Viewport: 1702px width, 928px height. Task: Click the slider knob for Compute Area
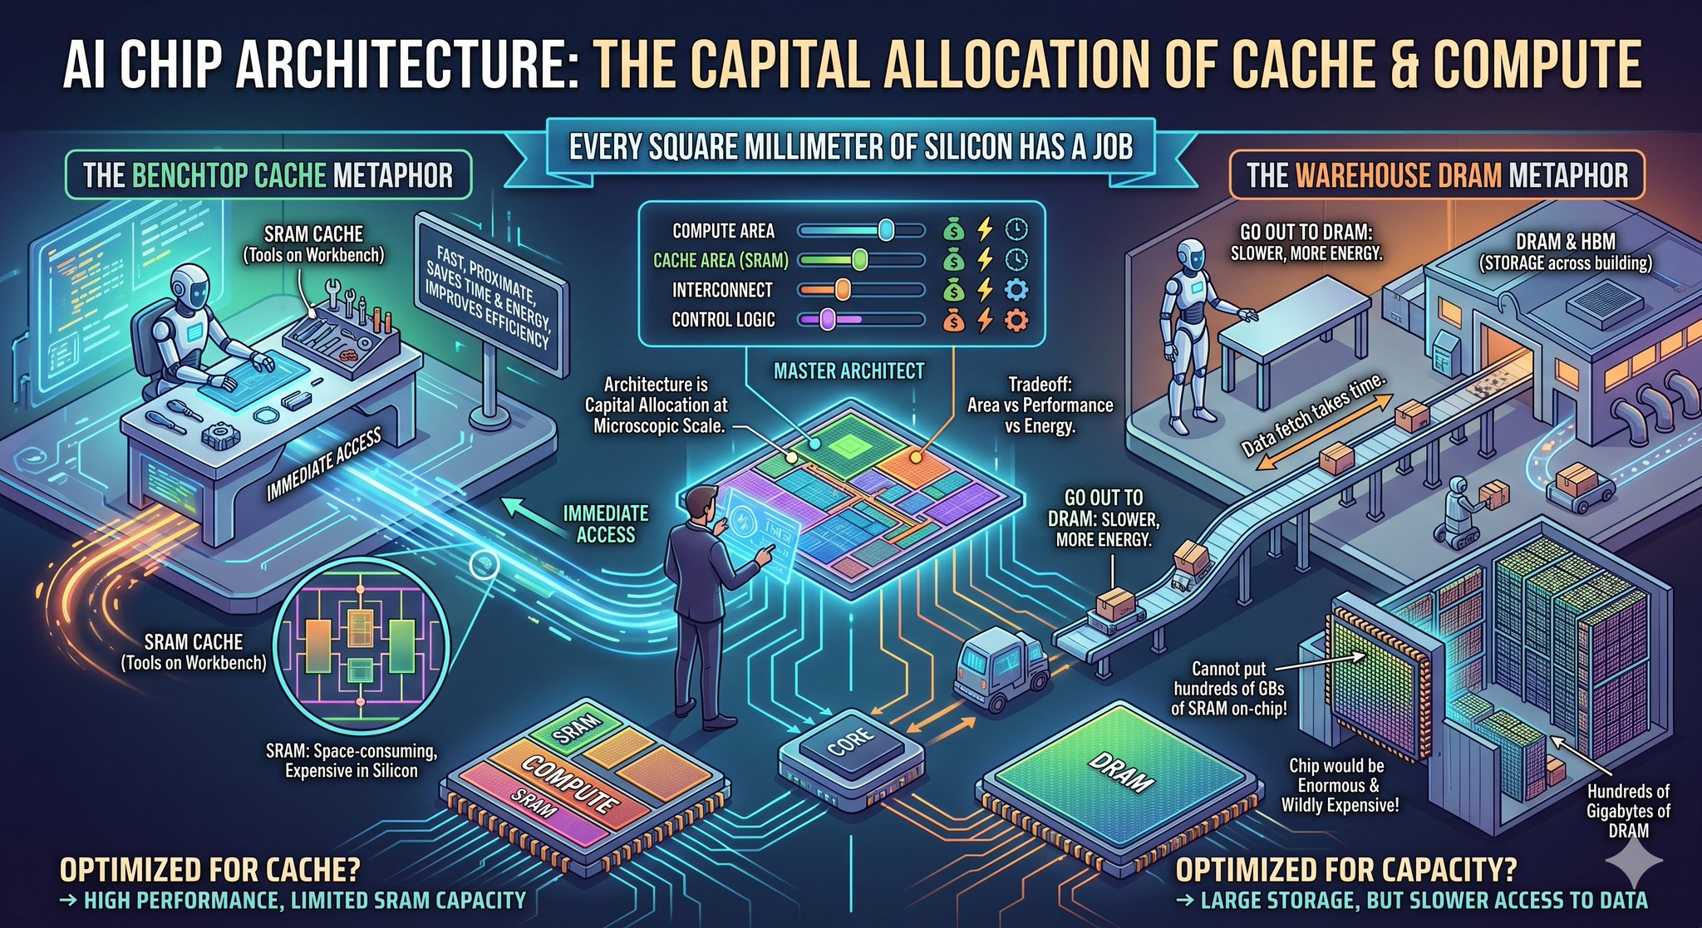point(886,229)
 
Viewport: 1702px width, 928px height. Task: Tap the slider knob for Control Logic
point(827,319)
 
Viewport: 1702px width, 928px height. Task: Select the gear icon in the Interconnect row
point(1016,289)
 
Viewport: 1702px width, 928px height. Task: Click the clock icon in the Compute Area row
point(1016,229)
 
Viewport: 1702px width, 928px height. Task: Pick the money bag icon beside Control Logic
point(954,319)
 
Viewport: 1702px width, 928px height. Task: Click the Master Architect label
point(849,371)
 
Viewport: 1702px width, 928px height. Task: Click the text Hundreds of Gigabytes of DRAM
point(1627,810)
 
